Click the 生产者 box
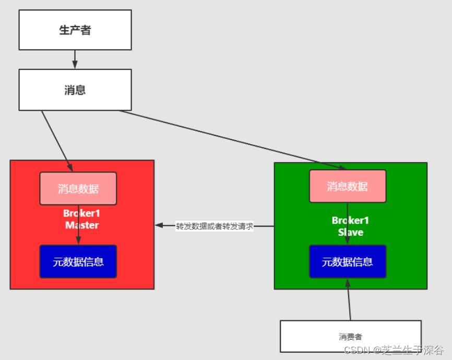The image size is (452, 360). coord(75,30)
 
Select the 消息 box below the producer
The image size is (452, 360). coord(75,90)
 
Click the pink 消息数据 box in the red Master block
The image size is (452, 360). coord(78,189)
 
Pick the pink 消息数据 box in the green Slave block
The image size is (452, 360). coord(348,187)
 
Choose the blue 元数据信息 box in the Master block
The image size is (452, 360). coord(78,262)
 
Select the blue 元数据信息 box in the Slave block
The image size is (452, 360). coord(348,262)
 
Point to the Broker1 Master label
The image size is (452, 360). coord(82,219)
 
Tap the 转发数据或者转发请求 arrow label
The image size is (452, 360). coord(215,226)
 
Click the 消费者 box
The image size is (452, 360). coord(350,336)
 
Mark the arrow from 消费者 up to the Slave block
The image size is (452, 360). coord(349,300)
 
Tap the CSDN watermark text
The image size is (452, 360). coord(394,350)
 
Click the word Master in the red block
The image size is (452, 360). coord(82,226)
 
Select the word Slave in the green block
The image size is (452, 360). coord(350,233)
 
